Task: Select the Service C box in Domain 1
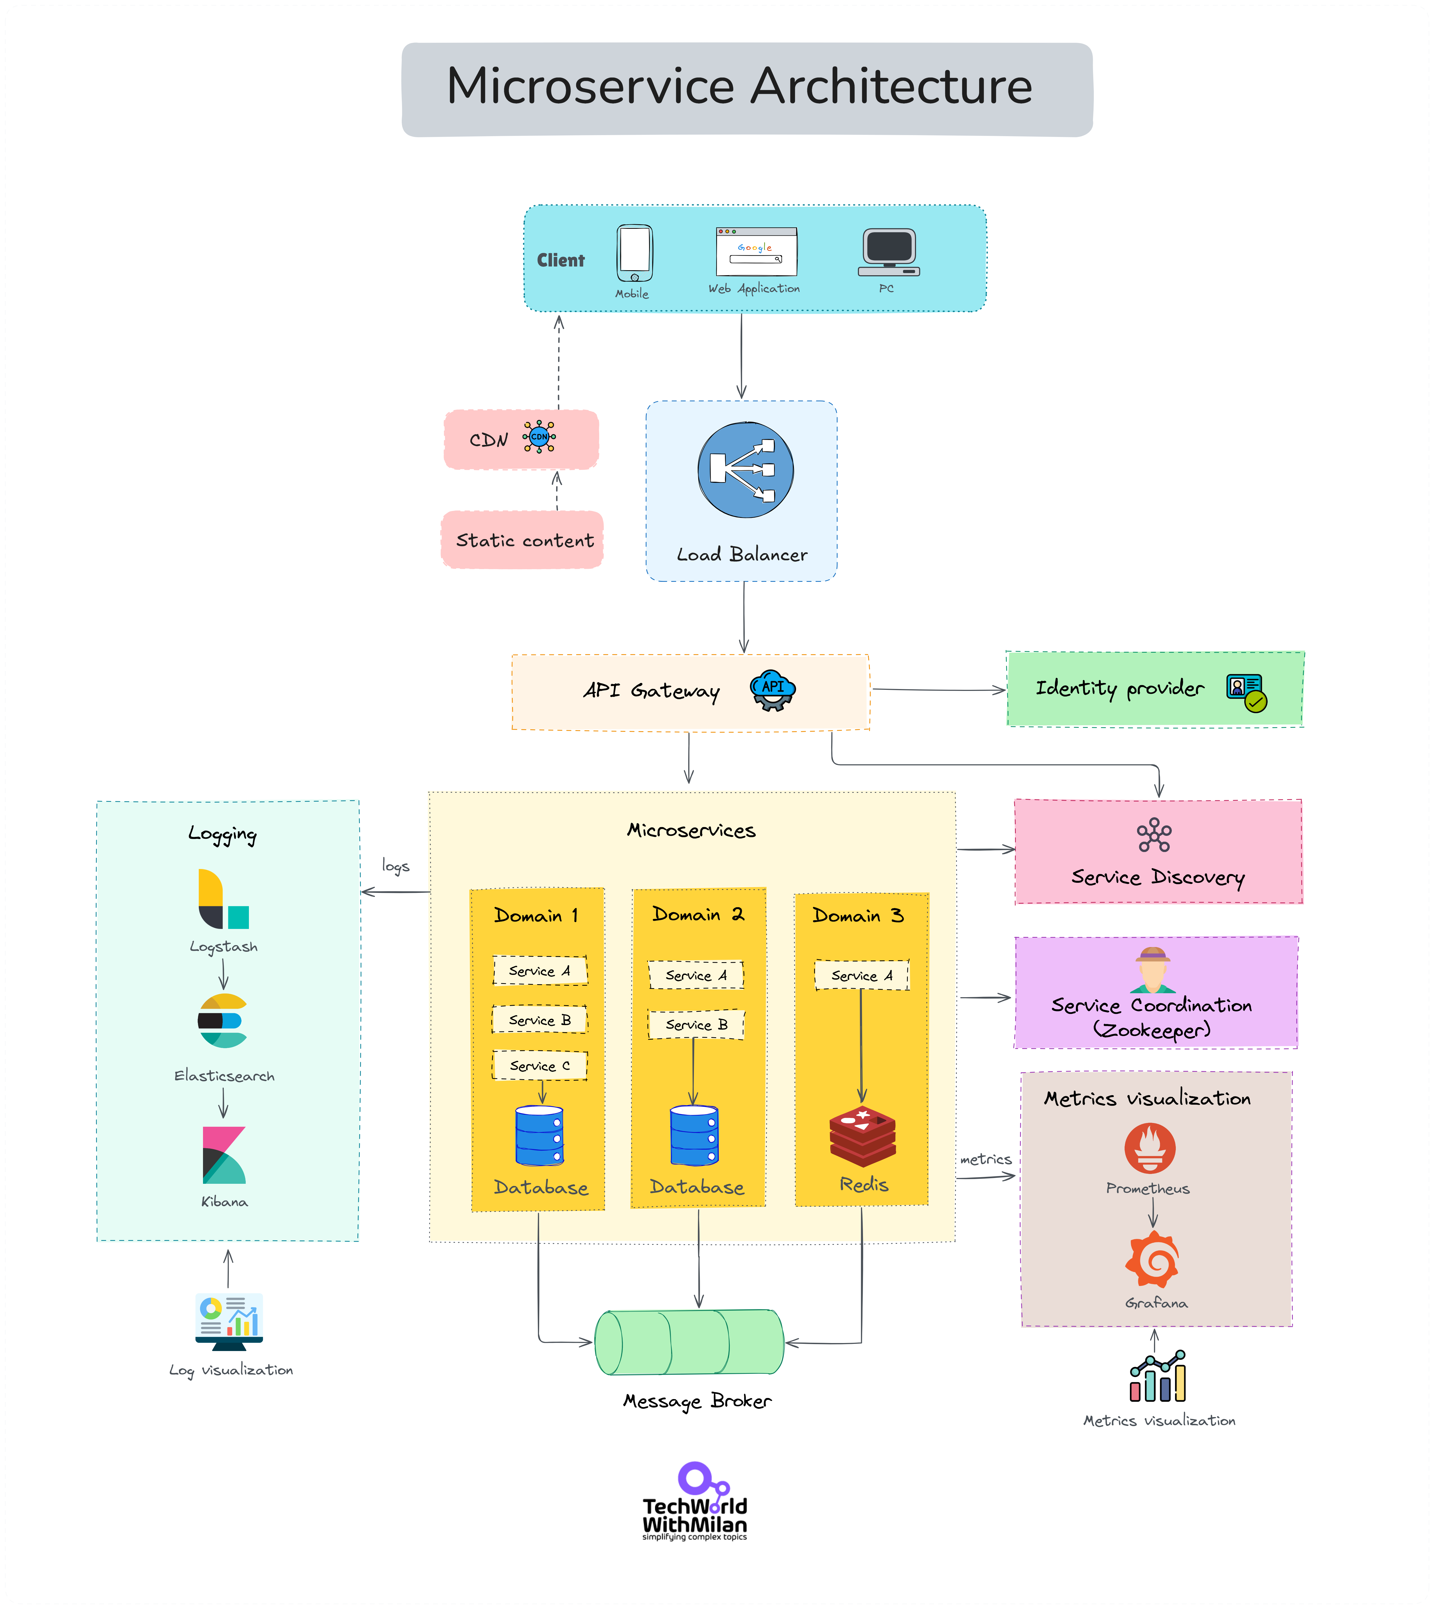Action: pyautogui.click(x=540, y=1065)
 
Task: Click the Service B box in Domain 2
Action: pyautogui.click(x=696, y=1024)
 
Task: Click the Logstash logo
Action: pyautogui.click(x=223, y=899)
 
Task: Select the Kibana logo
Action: pyautogui.click(x=224, y=1155)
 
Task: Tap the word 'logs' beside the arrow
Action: pyautogui.click(x=396, y=866)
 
